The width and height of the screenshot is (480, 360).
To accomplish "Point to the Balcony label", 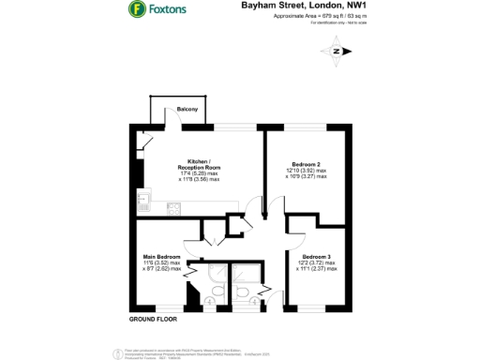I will [188, 111].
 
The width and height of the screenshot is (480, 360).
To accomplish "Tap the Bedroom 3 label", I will [317, 257].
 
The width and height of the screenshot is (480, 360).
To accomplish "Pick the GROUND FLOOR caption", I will [153, 320].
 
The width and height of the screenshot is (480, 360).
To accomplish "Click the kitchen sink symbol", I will [143, 199].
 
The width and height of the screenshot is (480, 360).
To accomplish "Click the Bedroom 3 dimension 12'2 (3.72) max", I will [317, 263].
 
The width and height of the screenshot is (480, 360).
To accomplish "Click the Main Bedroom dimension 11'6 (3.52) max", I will [162, 263].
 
